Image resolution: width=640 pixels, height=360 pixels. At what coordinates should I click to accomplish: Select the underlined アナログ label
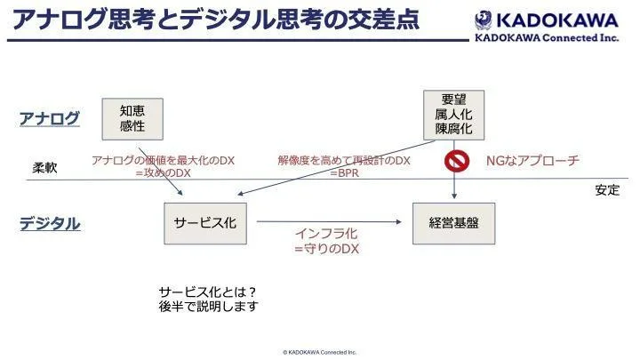click(x=50, y=118)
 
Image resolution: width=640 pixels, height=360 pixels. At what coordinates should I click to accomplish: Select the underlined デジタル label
click(x=50, y=224)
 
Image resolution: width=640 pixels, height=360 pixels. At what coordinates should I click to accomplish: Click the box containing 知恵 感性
click(x=133, y=117)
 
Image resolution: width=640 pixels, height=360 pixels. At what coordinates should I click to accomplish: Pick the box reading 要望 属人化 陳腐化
click(x=454, y=115)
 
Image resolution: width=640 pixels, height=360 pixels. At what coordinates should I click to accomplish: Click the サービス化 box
click(x=205, y=223)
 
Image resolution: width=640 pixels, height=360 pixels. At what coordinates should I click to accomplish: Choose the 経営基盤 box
click(x=453, y=223)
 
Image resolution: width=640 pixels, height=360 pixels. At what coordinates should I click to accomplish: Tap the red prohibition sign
click(x=456, y=161)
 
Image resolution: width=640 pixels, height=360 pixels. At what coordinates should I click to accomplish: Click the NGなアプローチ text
click(x=532, y=161)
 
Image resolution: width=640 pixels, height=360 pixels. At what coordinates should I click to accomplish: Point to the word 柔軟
click(x=45, y=167)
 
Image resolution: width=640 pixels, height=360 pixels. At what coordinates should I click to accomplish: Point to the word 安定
click(x=607, y=190)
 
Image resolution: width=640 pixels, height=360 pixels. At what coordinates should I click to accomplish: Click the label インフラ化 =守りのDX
click(x=326, y=241)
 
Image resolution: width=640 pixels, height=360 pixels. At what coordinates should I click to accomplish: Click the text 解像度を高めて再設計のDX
click(x=344, y=160)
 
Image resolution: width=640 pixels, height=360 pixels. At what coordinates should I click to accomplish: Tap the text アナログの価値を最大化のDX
click(x=163, y=160)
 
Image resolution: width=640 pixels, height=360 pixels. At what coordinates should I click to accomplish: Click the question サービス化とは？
click(x=208, y=291)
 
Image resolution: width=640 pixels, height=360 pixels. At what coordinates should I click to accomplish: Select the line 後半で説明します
click(x=209, y=307)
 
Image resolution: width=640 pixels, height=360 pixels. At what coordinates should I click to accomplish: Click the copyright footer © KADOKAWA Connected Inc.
click(x=319, y=352)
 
